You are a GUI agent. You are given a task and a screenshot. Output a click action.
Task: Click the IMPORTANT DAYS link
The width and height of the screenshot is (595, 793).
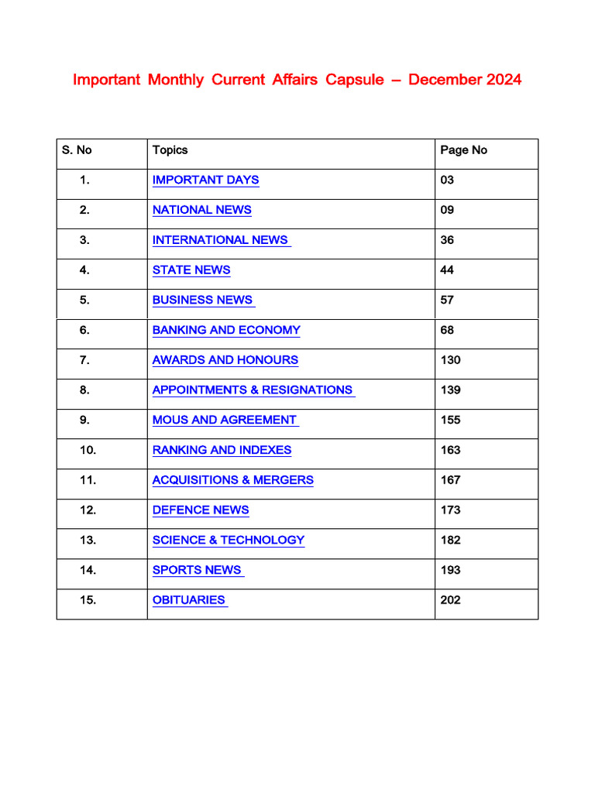205,180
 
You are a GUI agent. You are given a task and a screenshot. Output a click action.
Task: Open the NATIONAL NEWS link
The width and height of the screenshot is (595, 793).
201,210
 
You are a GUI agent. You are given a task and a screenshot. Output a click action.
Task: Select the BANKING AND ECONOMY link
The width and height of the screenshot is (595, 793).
226,330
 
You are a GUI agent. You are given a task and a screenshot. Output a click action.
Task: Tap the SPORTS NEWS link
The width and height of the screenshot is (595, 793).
197,570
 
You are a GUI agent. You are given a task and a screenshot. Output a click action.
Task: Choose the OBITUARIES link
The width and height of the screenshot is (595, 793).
189,600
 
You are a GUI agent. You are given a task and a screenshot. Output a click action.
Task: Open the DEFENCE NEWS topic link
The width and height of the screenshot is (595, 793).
201,510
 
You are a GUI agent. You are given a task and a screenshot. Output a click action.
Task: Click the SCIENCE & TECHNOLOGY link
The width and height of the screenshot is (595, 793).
229,541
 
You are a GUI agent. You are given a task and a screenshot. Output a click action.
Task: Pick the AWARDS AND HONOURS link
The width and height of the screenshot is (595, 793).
225,360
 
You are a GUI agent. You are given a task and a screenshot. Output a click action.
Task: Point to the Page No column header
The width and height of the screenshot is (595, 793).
463,150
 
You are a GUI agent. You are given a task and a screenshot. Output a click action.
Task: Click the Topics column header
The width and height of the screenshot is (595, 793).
170,150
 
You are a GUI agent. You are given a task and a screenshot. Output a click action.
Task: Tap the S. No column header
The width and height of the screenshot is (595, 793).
77,150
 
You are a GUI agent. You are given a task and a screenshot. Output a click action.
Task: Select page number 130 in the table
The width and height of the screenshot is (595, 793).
450,360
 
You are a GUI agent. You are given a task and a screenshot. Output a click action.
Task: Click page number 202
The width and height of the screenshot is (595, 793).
450,600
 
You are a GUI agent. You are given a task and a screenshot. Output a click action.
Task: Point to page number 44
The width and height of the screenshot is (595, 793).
447,270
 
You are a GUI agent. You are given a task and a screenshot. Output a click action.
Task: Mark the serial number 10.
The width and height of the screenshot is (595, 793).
88,451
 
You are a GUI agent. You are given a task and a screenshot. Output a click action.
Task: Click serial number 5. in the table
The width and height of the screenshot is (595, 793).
84,300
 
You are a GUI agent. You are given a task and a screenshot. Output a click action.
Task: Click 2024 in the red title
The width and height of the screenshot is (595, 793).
504,80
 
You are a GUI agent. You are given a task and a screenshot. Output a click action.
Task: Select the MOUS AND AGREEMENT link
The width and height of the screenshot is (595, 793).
224,421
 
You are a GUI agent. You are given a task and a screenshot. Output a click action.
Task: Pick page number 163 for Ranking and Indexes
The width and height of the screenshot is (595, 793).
450,451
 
